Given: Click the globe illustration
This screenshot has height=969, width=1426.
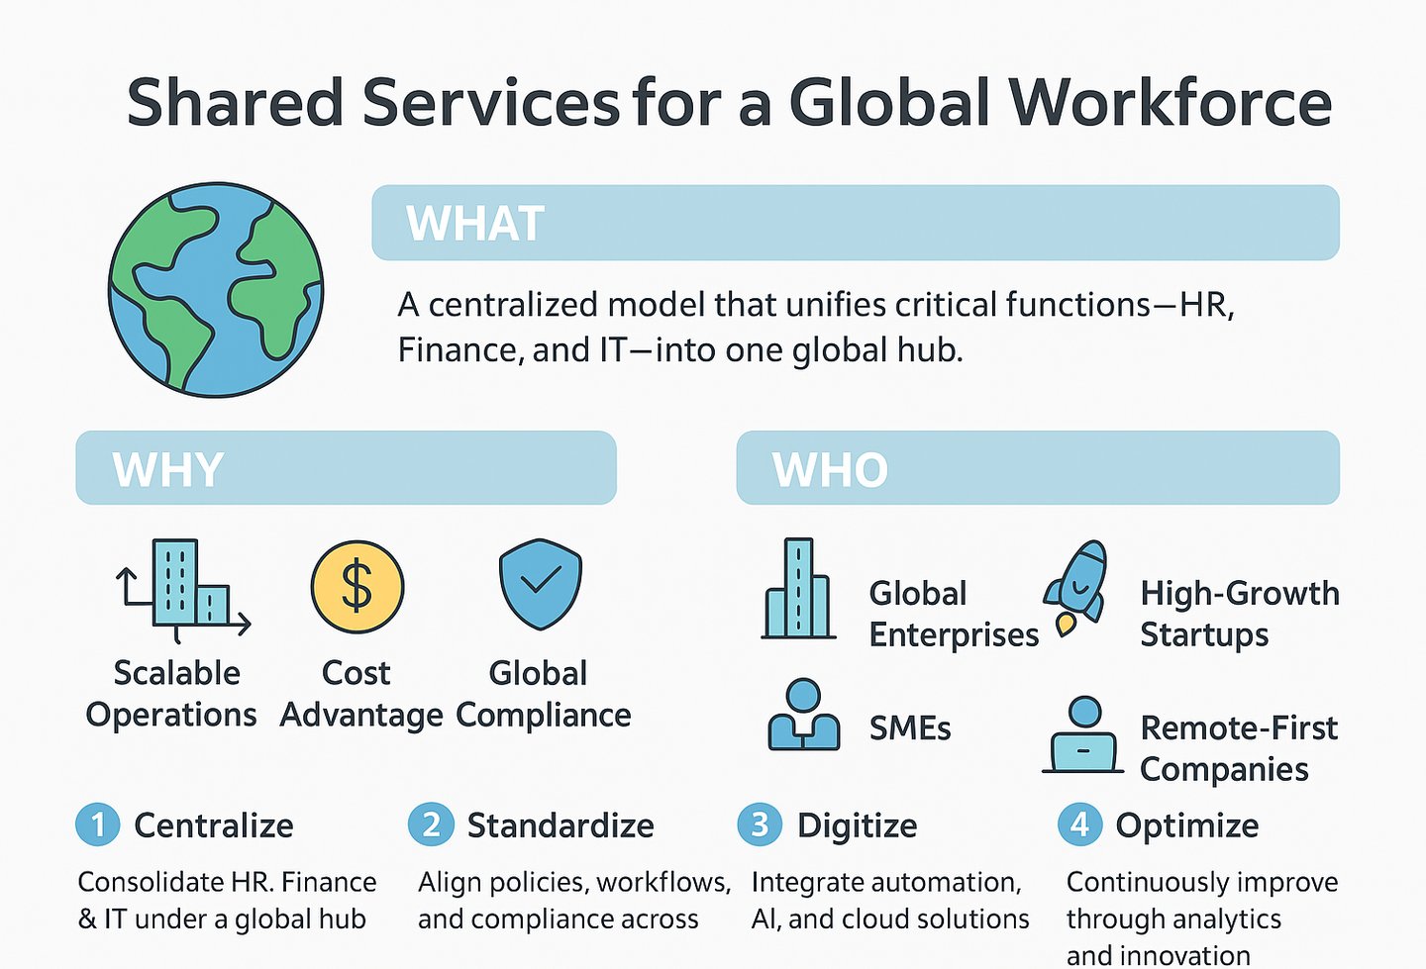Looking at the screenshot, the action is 216,289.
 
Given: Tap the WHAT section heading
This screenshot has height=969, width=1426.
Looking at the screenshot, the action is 475,224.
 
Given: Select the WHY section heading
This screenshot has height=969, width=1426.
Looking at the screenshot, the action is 168,469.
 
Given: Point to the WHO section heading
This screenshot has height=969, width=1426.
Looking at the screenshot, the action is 830,470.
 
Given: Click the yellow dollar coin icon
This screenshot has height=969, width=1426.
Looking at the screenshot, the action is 356,587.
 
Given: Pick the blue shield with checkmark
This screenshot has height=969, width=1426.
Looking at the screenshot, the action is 540,584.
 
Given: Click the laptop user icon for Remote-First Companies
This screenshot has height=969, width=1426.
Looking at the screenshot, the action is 1083,736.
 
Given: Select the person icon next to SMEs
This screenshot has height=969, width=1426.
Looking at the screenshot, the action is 803,715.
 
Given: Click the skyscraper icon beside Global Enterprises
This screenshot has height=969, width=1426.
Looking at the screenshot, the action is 797,589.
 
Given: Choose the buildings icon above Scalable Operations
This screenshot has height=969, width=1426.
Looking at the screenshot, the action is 184,585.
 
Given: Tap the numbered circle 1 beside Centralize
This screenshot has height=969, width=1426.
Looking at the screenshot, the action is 97,824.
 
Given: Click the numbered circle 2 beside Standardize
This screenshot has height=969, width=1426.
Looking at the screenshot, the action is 431,824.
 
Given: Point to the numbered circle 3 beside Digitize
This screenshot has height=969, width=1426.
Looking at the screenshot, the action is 760,824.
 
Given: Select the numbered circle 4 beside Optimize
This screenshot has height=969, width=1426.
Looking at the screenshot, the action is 1079,824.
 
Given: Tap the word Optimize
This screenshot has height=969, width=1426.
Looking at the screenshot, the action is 1187,825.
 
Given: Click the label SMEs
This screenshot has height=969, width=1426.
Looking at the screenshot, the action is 910,728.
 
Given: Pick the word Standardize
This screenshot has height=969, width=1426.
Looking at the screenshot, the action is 560,825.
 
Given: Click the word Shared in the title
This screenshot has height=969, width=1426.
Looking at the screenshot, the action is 236,103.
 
